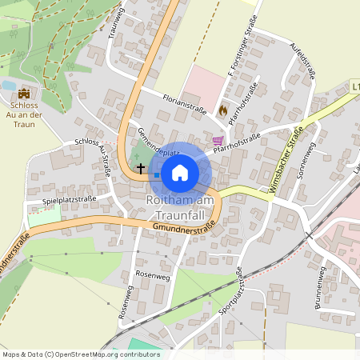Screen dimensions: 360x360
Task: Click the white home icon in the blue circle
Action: (180, 171)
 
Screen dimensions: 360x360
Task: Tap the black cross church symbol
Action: (142, 169)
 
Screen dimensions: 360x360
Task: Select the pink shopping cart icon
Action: (217, 140)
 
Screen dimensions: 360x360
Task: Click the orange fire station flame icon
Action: (223, 109)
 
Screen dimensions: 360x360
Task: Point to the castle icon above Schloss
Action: (23, 94)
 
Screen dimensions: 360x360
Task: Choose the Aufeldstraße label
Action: (304, 62)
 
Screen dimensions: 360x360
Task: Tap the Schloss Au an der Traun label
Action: (23, 115)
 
